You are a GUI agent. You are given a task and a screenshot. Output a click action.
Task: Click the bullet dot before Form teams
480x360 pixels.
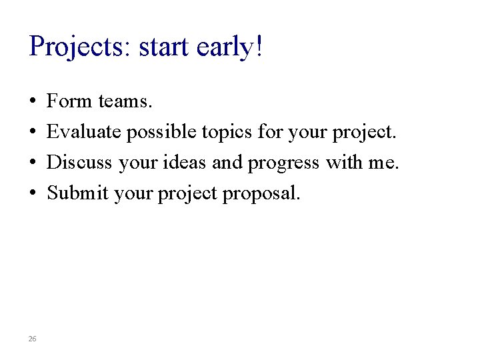[33, 102]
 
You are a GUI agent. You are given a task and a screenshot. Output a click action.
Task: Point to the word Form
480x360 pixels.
[69, 101]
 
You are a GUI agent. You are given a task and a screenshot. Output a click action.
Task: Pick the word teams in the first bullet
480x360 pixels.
[125, 101]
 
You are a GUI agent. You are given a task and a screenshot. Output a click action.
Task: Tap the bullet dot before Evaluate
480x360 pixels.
[33, 133]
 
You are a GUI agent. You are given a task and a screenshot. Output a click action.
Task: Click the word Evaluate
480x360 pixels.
[84, 132]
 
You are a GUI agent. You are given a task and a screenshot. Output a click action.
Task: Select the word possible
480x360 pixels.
[157, 132]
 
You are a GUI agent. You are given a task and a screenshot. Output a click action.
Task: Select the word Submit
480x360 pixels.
[78, 193]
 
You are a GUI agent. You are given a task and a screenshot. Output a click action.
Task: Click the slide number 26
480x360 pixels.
[33, 339]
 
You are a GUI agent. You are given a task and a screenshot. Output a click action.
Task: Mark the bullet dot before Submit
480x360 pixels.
[33, 194]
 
